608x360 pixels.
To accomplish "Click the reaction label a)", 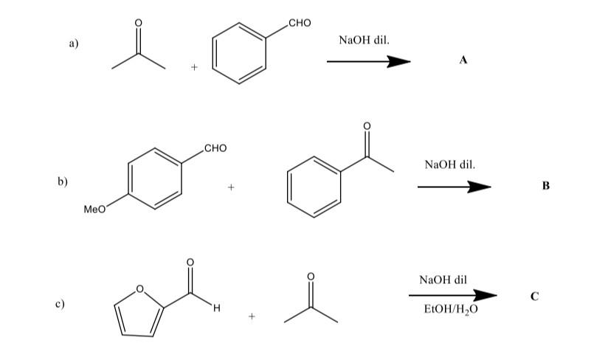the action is click(x=74, y=44).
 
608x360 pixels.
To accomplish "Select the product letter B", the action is click(x=545, y=186).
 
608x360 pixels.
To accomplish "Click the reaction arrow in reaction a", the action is click(x=368, y=62).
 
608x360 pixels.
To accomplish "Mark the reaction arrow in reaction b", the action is click(x=454, y=187).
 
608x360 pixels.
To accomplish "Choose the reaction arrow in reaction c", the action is click(x=452, y=295).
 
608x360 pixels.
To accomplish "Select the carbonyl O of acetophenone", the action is click(x=367, y=126).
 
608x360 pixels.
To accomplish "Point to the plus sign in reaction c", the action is click(x=252, y=317).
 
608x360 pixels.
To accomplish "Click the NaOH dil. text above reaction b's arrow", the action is click(x=450, y=163).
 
